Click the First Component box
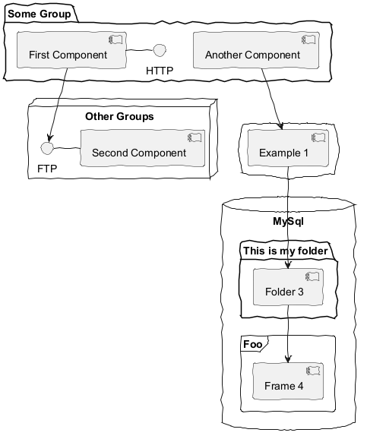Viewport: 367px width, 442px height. pos(71,50)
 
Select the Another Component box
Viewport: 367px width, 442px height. pos(256,50)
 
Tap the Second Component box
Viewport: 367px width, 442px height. pos(142,148)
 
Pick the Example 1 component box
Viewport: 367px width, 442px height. pos(288,148)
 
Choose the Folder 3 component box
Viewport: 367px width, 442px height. pos(288,287)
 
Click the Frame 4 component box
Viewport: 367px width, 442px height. pos(288,381)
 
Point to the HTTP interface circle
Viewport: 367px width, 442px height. pos(160,50)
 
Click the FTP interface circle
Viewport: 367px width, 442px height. pos(47,148)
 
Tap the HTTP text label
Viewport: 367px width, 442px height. pos(160,71)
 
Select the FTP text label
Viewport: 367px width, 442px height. pos(47,169)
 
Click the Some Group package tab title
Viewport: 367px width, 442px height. pos(40,14)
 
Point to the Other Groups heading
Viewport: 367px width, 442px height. pos(119,116)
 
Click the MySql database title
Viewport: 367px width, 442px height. pos(288,221)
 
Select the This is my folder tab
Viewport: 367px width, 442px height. pos(286,251)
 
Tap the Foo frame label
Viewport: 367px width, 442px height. pos(253,344)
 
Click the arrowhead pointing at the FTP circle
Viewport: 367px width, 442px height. pos(50,138)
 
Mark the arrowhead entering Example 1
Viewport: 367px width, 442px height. pos(280,126)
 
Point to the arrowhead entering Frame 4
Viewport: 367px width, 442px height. pos(288,359)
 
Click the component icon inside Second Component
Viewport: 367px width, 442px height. pos(195,137)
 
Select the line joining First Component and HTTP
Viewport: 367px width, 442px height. pos(140,50)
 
